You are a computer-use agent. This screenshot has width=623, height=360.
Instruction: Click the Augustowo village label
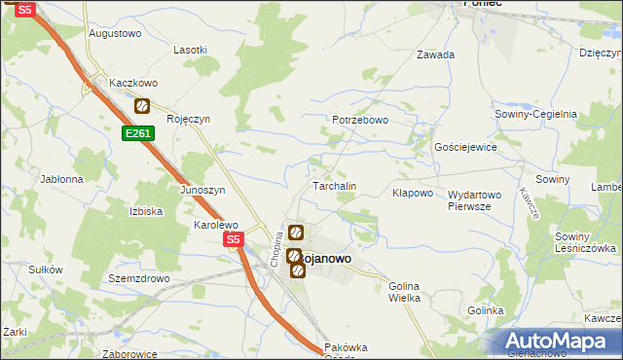point(115,32)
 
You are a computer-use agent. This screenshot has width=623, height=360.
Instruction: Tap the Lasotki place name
point(190,49)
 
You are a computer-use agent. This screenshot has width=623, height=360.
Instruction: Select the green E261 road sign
point(138,133)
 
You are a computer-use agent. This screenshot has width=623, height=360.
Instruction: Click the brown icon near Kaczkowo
point(141,106)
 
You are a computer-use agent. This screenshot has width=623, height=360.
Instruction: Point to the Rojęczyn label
point(189,119)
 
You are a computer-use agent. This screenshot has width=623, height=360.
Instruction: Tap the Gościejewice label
point(465,147)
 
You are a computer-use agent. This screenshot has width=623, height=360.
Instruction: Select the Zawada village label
point(435,54)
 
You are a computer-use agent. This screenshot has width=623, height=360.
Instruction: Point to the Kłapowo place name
point(412,193)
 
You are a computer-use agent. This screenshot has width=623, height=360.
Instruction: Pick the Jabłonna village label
point(61,179)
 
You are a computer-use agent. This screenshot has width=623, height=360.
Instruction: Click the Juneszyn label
point(202,190)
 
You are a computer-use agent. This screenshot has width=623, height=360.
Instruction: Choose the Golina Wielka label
point(404,291)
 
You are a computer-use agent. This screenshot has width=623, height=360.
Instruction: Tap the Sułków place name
point(46,270)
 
